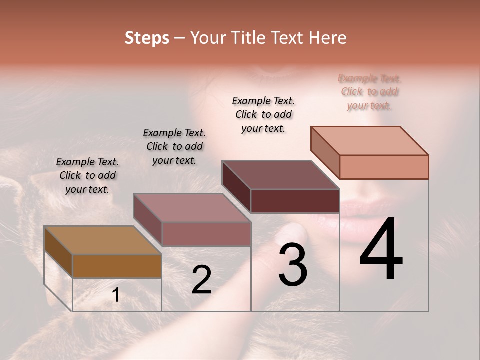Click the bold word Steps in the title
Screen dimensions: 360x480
point(147,38)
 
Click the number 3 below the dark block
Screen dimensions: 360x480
point(293,265)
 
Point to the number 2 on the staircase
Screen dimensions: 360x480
point(201,280)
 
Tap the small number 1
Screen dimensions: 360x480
point(116,295)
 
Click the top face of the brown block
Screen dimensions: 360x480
point(102,240)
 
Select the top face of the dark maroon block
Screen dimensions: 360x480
point(280,175)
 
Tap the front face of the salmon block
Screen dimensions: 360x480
point(384,167)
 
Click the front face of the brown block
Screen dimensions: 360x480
point(117,266)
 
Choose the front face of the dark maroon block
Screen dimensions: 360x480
point(295,201)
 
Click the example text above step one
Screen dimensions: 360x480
point(87,175)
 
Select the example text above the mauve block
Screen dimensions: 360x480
point(174,146)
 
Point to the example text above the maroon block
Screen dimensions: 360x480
point(263,114)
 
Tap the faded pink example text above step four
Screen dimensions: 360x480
point(370,92)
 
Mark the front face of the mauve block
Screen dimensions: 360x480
point(206,234)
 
